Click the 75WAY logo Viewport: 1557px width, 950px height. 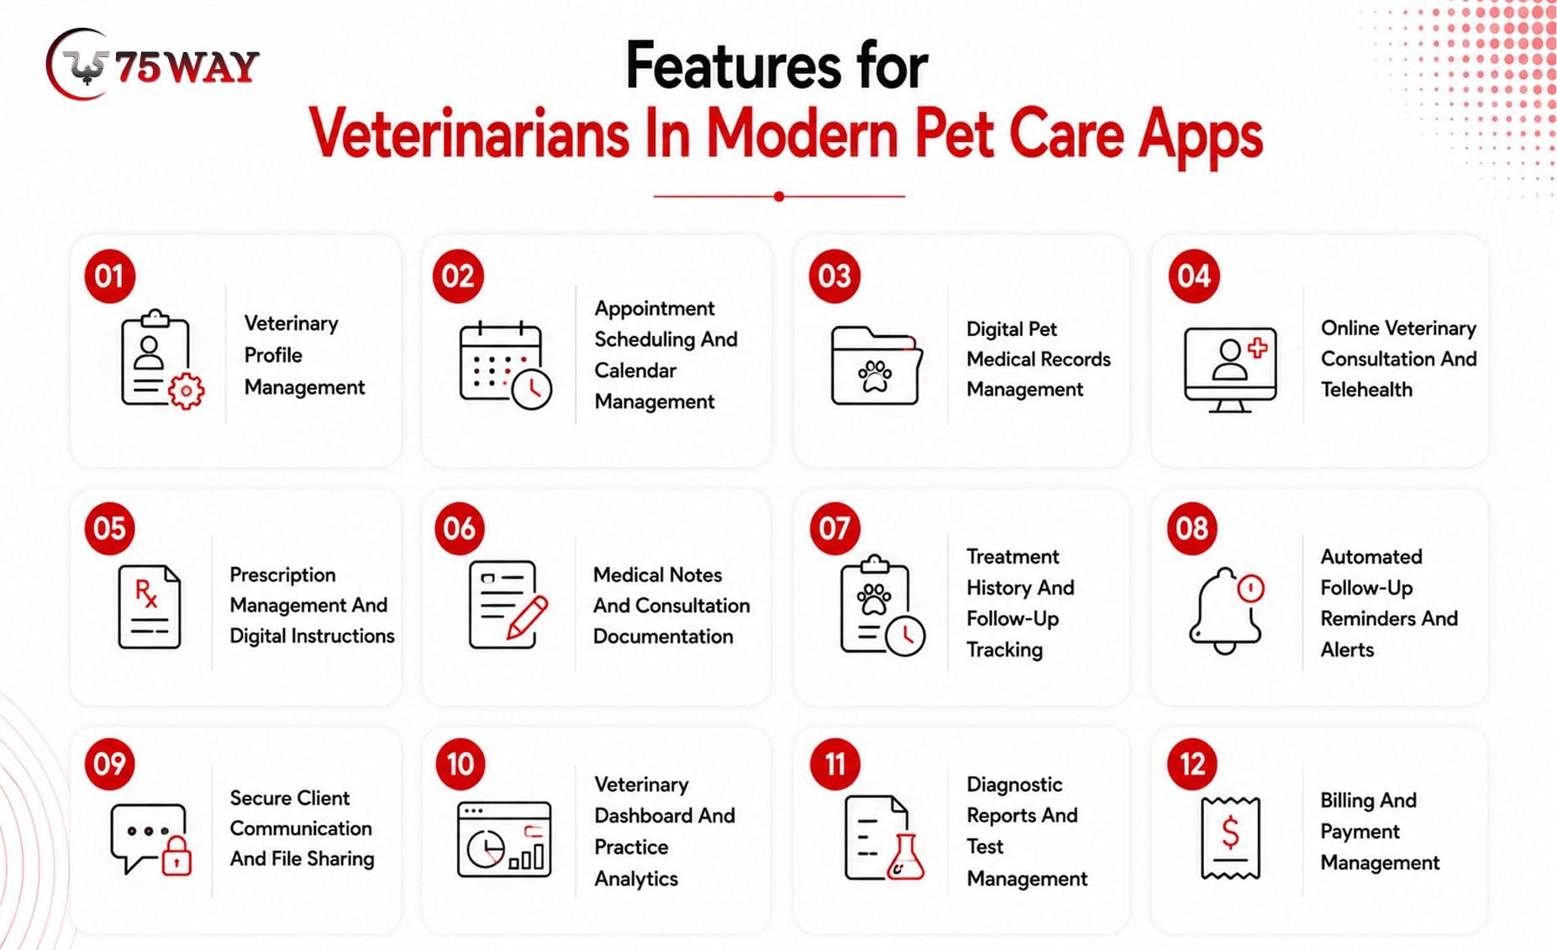pyautogui.click(x=152, y=65)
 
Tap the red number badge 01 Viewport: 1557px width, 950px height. pyautogui.click(x=109, y=276)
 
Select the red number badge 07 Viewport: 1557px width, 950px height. pyautogui.click(x=834, y=528)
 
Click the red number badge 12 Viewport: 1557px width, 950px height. pyautogui.click(x=1192, y=764)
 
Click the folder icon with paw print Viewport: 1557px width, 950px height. pyautogui.click(x=876, y=365)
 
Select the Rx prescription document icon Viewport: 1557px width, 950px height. pyautogui.click(x=150, y=606)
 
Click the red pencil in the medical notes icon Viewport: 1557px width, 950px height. pyautogui.click(x=527, y=618)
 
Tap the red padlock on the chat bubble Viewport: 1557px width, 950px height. pyautogui.click(x=176, y=855)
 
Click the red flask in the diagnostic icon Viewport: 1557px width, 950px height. pyautogui.click(x=905, y=858)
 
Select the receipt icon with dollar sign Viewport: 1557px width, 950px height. pyautogui.click(x=1230, y=837)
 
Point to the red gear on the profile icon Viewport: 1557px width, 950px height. pyautogui.click(x=186, y=391)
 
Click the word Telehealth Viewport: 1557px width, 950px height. pyautogui.click(x=1366, y=390)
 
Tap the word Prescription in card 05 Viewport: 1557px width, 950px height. pyautogui.click(x=282, y=575)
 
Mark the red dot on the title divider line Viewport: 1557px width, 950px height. pyautogui.click(x=779, y=197)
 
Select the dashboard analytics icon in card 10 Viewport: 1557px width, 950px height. pyautogui.click(x=504, y=839)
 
